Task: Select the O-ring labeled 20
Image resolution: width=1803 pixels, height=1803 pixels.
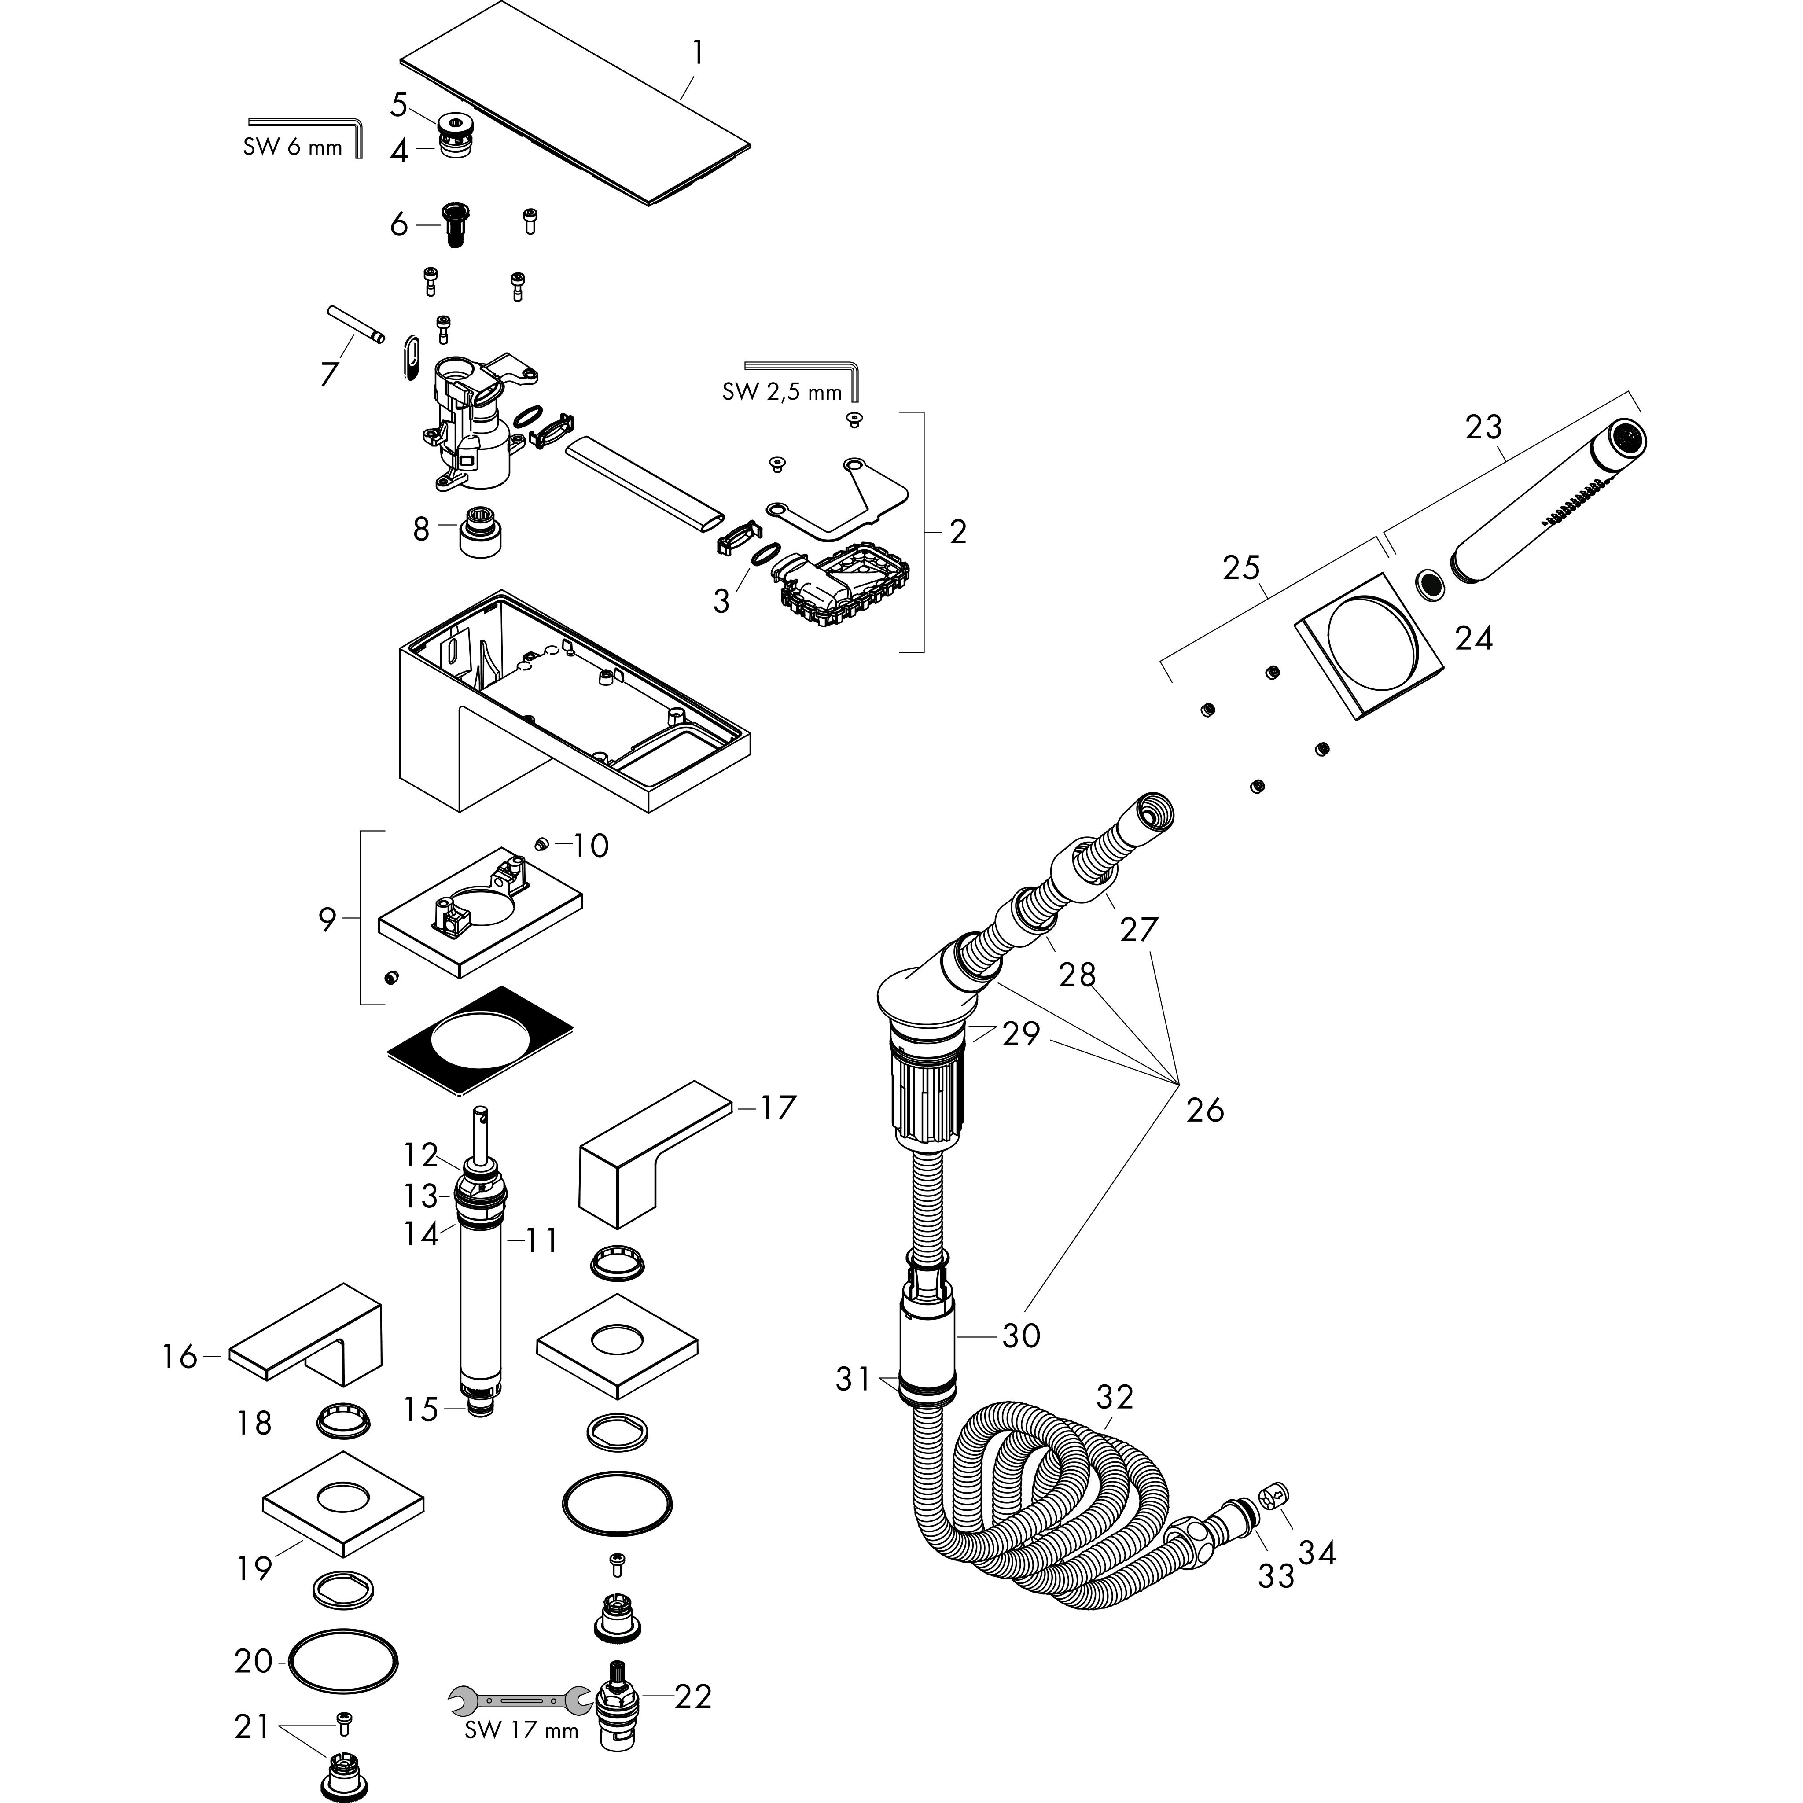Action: click(x=343, y=1661)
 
